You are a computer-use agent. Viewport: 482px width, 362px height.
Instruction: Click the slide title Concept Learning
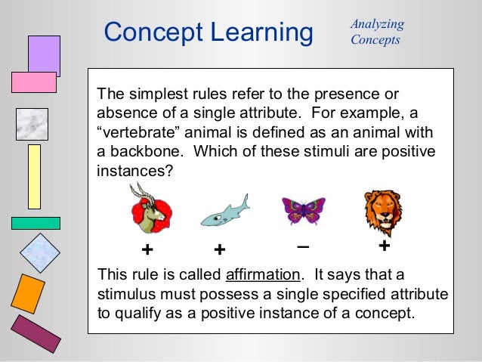pyautogui.click(x=208, y=32)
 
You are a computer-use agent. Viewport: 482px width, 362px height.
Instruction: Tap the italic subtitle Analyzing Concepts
pyautogui.click(x=377, y=32)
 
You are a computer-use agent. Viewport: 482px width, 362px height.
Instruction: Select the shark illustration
pyautogui.click(x=224, y=212)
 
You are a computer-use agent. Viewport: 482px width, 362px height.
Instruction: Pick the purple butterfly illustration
pyautogui.click(x=303, y=209)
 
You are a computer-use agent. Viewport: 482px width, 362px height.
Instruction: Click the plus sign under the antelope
pyautogui.click(x=147, y=249)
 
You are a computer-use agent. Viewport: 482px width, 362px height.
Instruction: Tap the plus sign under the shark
pyautogui.click(x=220, y=249)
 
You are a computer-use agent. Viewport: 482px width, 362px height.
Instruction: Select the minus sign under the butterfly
pyautogui.click(x=303, y=247)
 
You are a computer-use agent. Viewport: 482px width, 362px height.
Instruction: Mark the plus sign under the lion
pyautogui.click(x=384, y=247)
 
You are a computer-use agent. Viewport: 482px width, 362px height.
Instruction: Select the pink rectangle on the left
pyautogui.click(x=34, y=82)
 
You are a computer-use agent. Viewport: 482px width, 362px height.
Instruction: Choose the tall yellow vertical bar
pyautogui.click(x=34, y=176)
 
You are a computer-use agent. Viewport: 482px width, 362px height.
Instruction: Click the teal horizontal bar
pyautogui.click(x=36, y=223)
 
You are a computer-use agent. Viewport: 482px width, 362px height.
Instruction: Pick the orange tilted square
pyautogui.click(x=29, y=293)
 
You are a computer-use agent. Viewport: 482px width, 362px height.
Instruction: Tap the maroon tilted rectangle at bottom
pyautogui.click(x=36, y=333)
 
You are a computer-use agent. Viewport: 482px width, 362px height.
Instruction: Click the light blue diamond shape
pyautogui.click(x=39, y=252)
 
